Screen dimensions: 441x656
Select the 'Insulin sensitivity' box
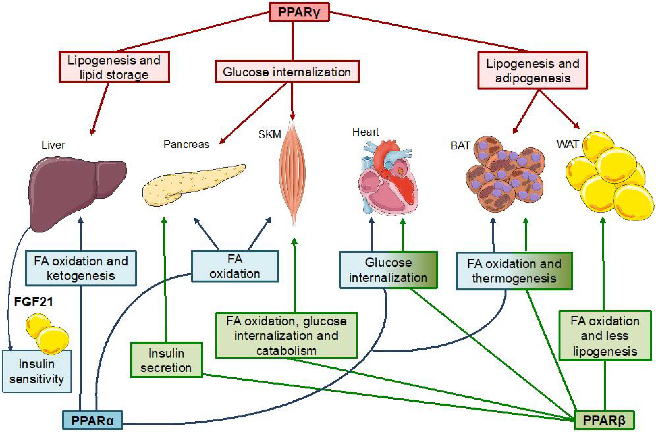click(x=37, y=371)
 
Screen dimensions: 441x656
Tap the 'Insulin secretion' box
click(x=166, y=360)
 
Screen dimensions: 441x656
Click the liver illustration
click(x=76, y=191)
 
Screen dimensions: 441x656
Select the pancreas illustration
click(x=191, y=184)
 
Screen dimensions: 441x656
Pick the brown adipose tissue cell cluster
click(x=505, y=174)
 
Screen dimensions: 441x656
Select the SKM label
click(x=269, y=134)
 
